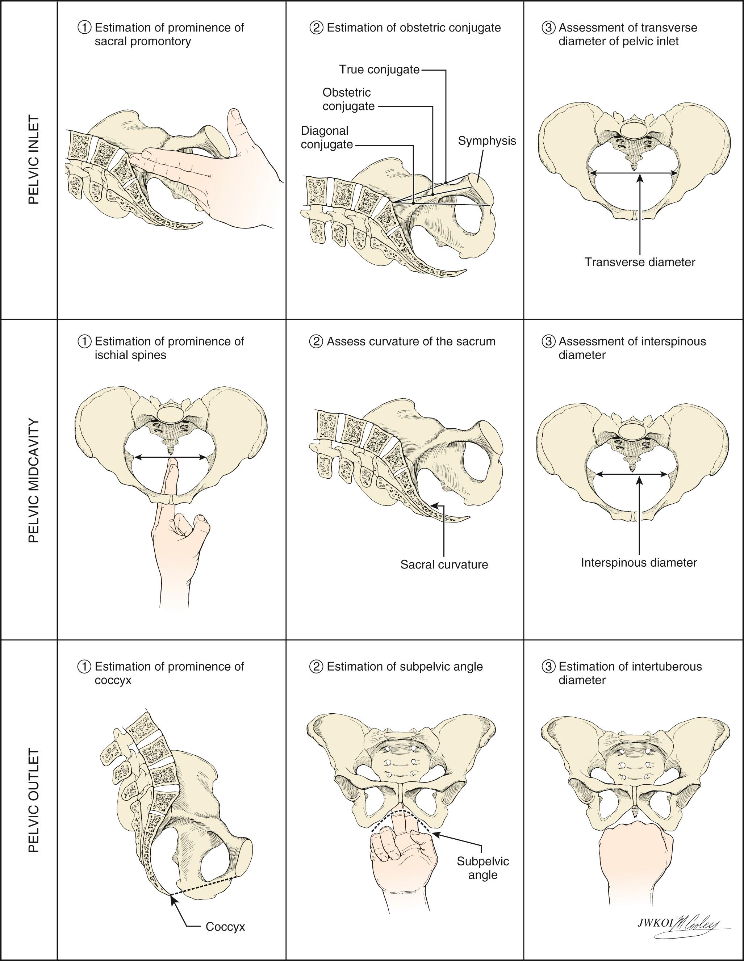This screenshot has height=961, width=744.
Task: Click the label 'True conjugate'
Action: coord(379,70)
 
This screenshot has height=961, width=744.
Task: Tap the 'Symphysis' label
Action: coord(486,141)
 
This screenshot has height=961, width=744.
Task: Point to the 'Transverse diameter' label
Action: coord(640,262)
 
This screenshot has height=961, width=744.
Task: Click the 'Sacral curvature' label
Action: coord(444,565)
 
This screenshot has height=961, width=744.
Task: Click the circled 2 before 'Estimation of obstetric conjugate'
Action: coord(317,28)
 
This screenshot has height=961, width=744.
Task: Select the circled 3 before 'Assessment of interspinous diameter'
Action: coord(548,341)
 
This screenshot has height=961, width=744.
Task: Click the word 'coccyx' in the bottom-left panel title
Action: coord(113,681)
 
